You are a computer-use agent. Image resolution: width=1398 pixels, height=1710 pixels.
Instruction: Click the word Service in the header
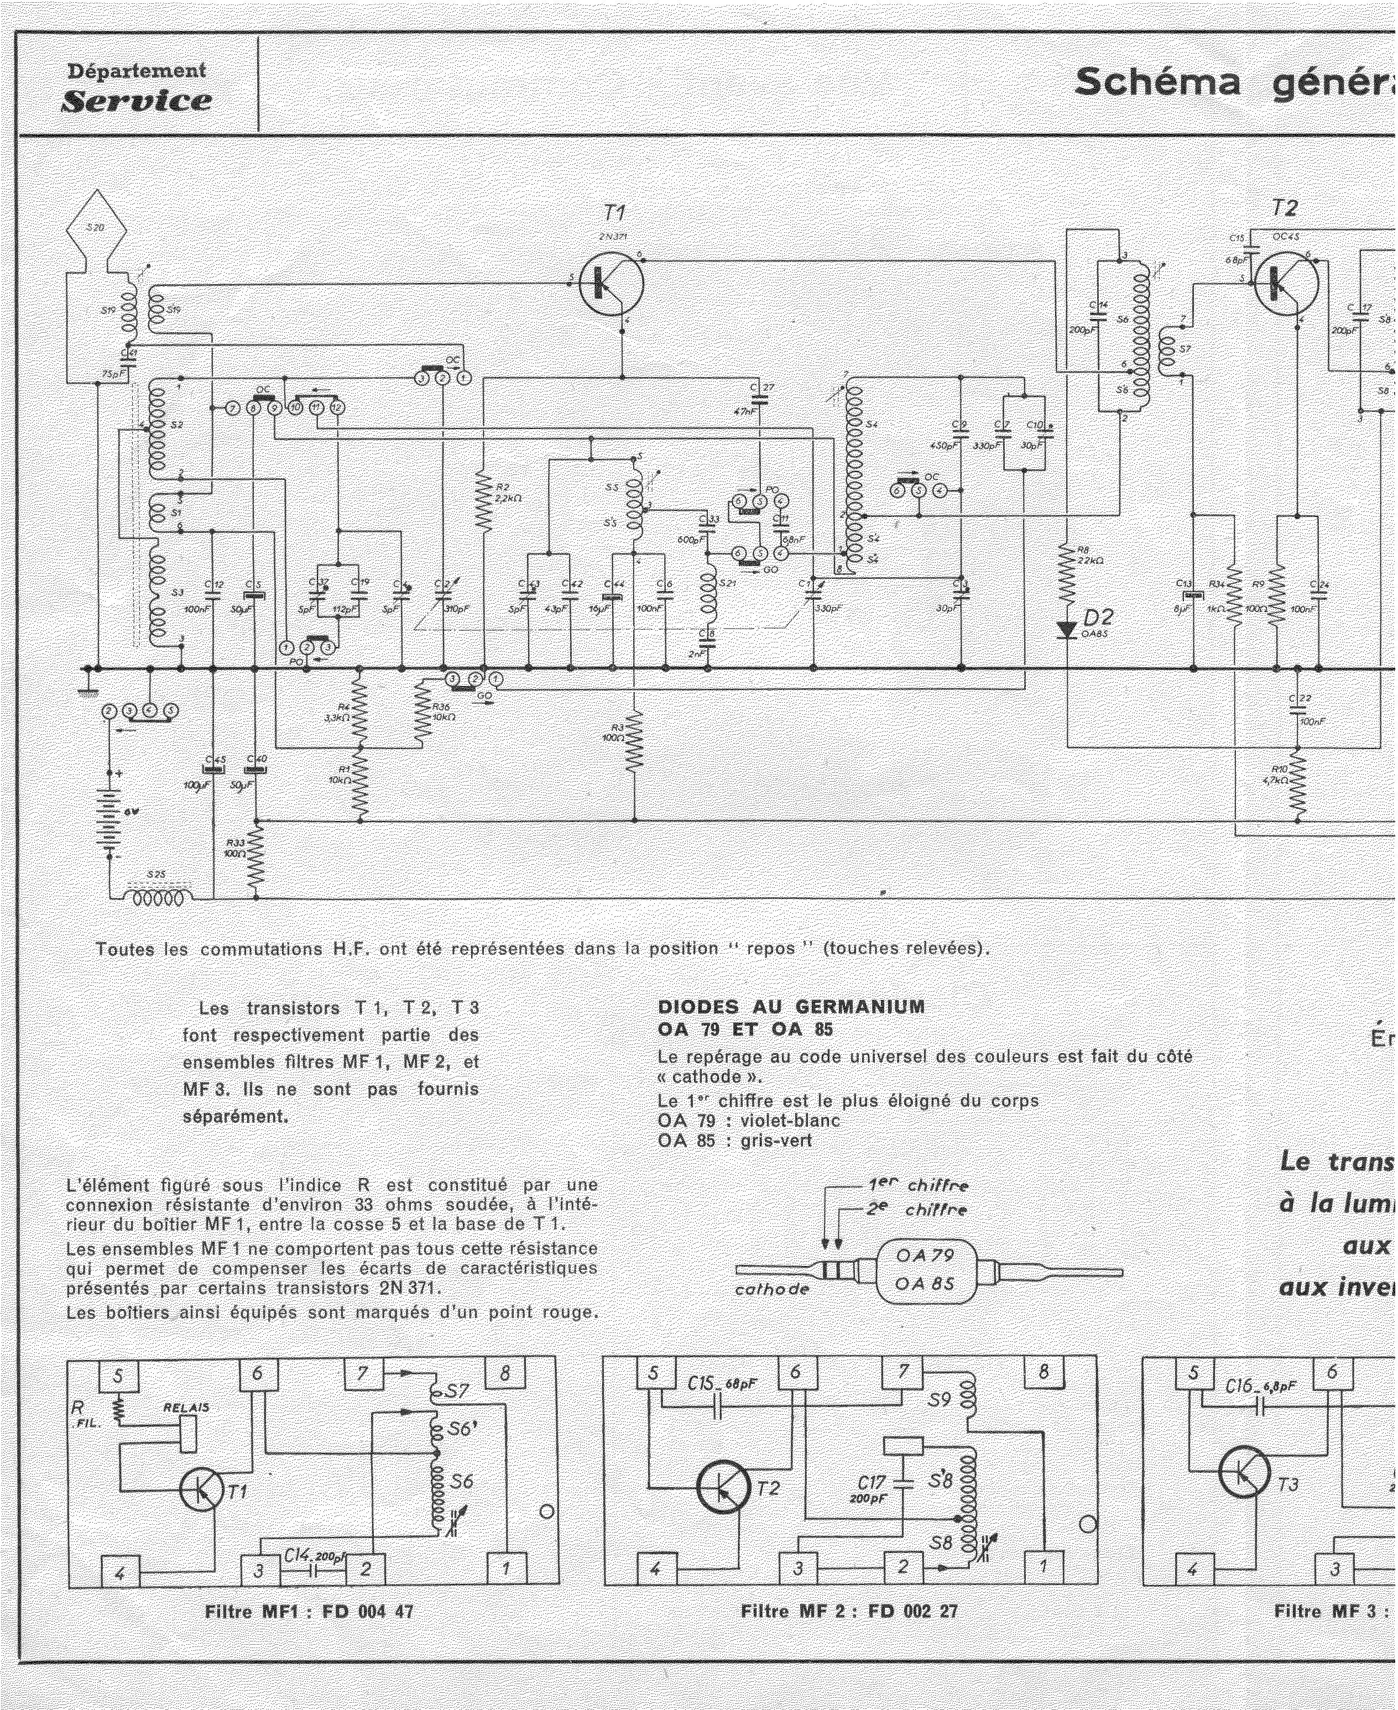point(137,101)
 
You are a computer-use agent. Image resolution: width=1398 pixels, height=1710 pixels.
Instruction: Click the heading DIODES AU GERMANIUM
point(791,1006)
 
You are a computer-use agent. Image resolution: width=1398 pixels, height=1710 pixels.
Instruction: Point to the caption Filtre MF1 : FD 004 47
point(309,1611)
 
